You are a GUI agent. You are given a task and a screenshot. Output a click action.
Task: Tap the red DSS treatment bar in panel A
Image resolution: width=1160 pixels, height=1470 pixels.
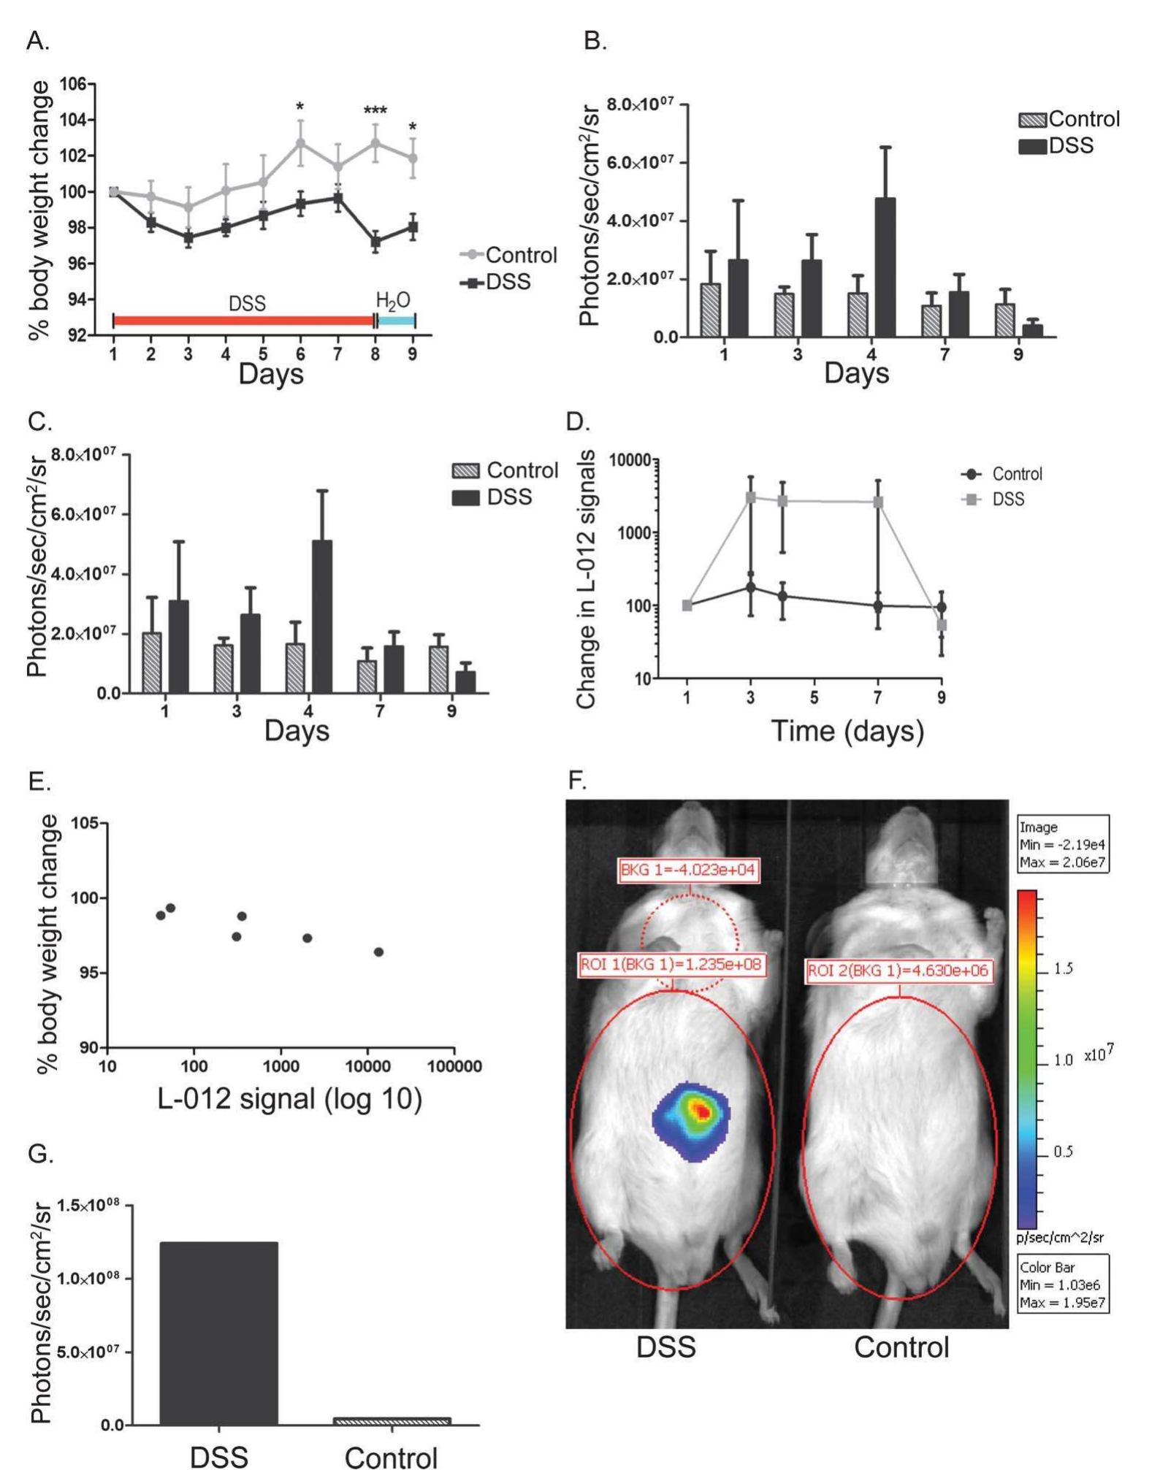point(243,321)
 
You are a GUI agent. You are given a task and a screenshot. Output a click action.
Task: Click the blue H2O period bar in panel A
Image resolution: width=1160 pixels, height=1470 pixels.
point(396,321)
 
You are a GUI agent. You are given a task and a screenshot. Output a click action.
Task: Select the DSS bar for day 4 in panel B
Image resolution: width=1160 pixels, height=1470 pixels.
point(885,267)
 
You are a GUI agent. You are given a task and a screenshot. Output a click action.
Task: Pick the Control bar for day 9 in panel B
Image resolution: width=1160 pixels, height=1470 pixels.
point(1005,320)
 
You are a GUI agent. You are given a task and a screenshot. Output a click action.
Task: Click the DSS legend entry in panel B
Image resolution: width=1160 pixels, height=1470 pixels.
point(1056,146)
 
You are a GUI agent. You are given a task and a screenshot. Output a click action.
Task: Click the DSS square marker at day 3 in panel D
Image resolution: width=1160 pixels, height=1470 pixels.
point(750,497)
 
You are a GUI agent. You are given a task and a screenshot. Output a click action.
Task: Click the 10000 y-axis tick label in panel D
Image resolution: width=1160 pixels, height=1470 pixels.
point(629,460)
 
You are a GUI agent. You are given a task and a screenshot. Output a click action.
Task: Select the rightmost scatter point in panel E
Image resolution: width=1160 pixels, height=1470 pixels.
point(378,952)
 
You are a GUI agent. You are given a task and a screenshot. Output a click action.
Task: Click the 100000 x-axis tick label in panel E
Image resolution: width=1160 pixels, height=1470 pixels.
point(454,1067)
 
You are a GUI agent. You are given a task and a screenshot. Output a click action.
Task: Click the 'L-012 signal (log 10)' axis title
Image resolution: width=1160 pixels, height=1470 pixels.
point(290,1098)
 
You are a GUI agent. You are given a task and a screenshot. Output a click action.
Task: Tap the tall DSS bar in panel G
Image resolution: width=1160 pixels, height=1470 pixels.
point(219,1333)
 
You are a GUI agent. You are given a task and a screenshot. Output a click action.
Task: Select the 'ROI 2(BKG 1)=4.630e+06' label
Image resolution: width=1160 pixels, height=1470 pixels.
point(899,971)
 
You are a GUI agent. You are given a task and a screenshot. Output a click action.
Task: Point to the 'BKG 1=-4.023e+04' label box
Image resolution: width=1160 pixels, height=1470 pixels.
point(687,870)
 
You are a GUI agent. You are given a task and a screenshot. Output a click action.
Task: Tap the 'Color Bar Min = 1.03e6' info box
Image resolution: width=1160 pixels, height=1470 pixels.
point(1063,1285)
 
